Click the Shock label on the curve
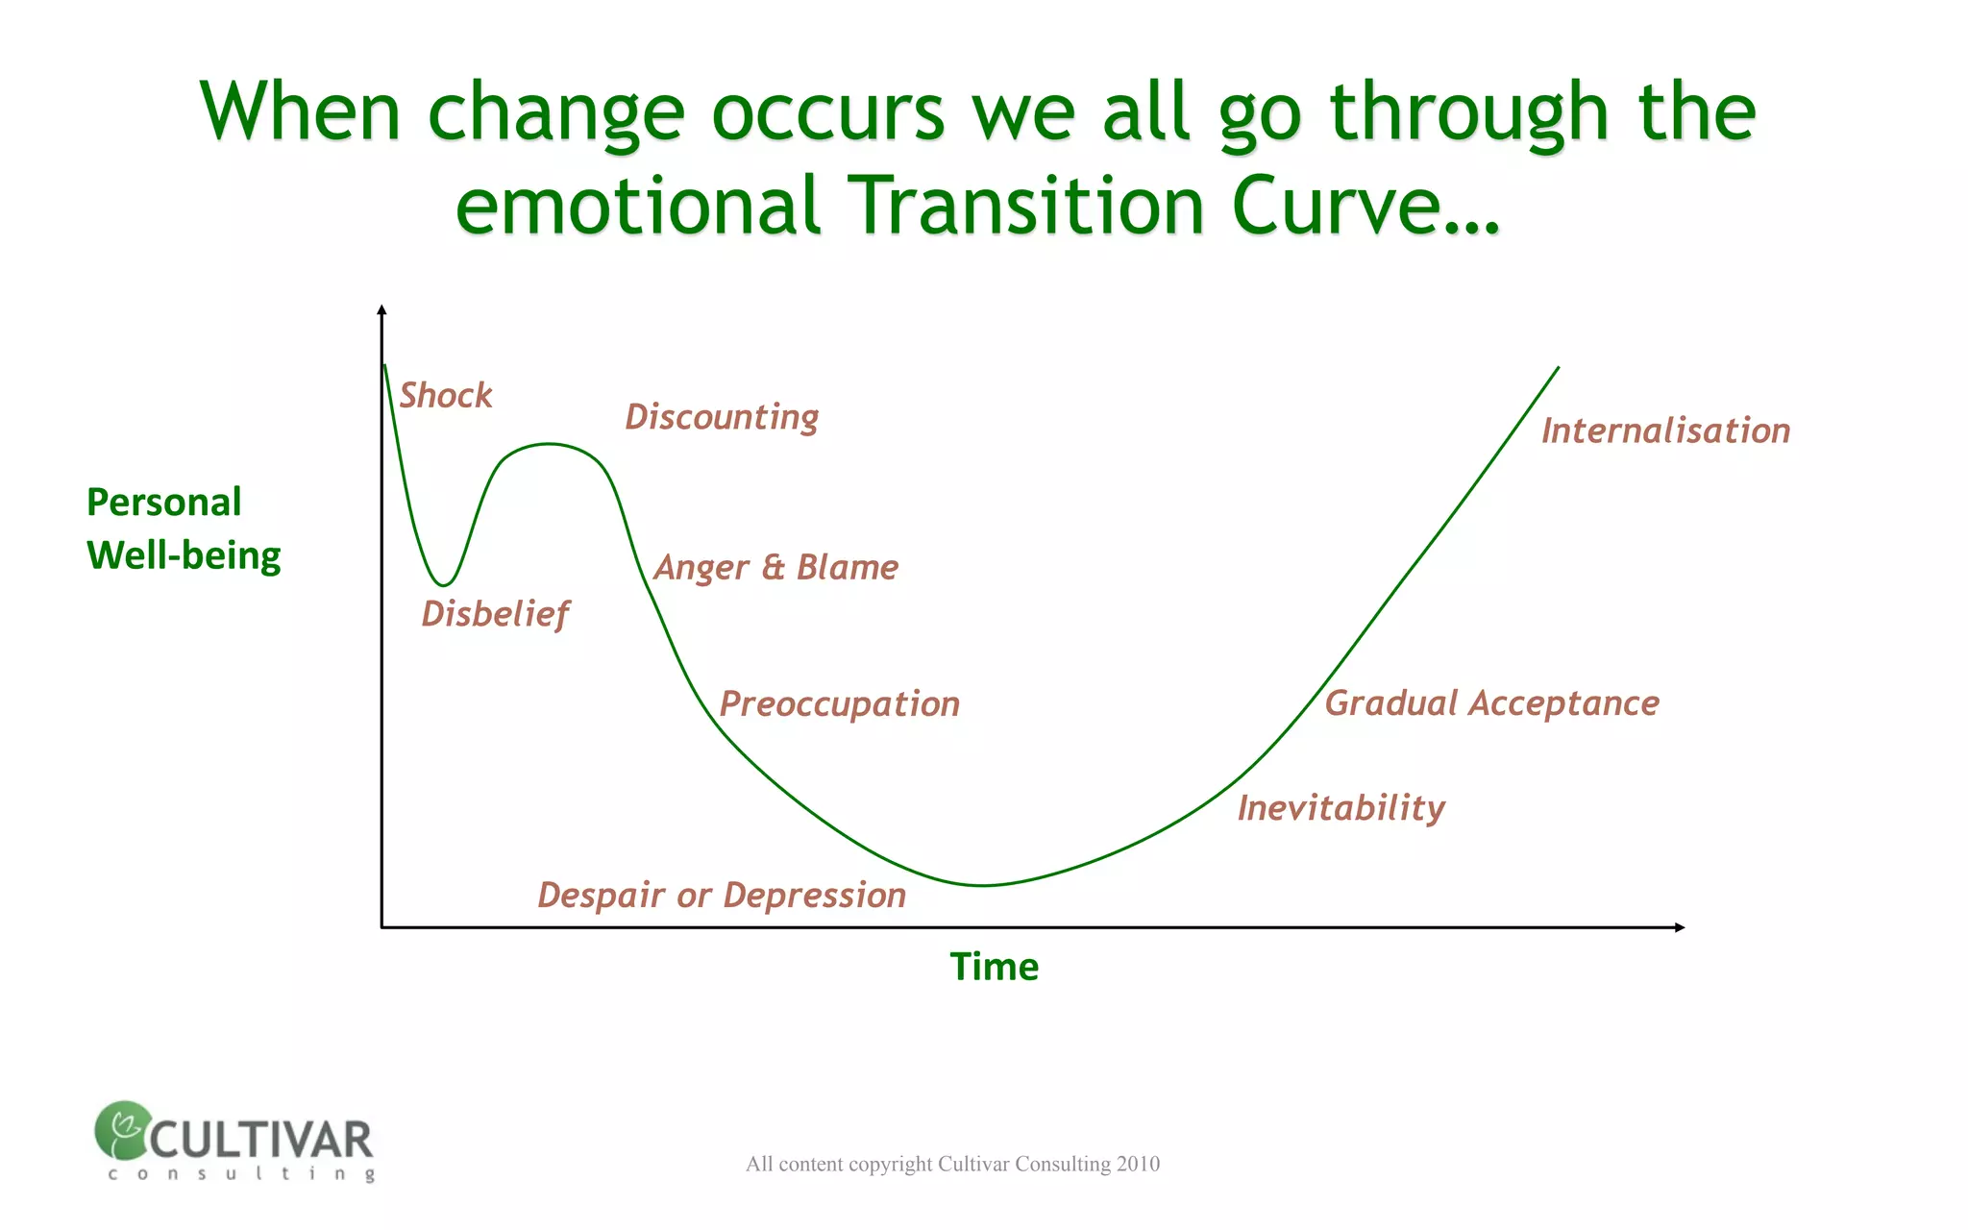pos(446,396)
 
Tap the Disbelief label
pos(495,614)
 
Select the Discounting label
pos(722,417)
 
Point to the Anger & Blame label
pos(776,568)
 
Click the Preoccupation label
pos(840,704)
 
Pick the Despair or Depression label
pos(722,896)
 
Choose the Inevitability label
pos(1341,808)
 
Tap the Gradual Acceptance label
pos(1491,703)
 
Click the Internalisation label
pos(1665,430)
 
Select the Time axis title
pos(995,967)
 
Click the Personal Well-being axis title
pos(183,529)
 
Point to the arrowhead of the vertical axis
pos(381,309)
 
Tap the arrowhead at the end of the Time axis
pos(1680,927)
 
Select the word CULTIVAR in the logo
pos(260,1141)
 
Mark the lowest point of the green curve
pos(983,885)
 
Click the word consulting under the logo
pos(241,1174)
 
